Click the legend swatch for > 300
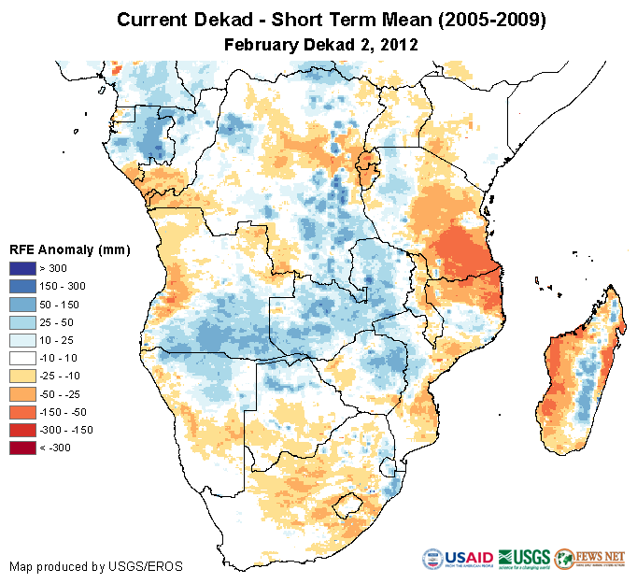[x=23, y=268]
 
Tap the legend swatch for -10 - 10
[x=23, y=358]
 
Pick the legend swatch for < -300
[x=23, y=448]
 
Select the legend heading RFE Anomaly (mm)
[x=69, y=250]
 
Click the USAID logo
[x=459, y=559]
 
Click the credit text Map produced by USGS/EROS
[x=95, y=566]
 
